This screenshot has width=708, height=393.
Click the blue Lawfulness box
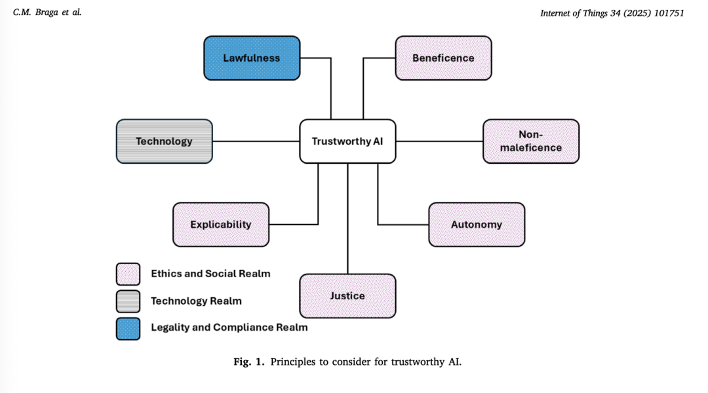(252, 58)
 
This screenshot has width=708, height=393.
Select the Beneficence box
(443, 58)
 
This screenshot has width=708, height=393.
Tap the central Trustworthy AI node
(347, 141)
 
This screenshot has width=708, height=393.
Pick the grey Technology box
(164, 141)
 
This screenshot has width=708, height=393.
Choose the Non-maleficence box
(531, 141)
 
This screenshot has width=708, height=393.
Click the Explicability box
(220, 225)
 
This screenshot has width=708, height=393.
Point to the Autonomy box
(477, 225)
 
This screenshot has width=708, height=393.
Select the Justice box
(347, 296)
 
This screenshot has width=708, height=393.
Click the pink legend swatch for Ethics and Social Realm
(128, 274)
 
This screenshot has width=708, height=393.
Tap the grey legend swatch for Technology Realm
(128, 301)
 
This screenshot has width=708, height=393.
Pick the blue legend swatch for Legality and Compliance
(128, 328)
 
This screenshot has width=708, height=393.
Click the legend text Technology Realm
(196, 301)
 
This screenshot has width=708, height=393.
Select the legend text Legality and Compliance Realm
(229, 327)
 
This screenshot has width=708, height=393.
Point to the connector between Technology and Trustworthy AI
(256, 141)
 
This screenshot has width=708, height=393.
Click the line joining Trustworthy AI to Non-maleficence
(439, 141)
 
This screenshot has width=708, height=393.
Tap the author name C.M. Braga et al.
(47, 12)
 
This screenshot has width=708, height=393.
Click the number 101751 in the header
(665, 12)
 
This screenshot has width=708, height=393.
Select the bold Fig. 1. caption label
(249, 362)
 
